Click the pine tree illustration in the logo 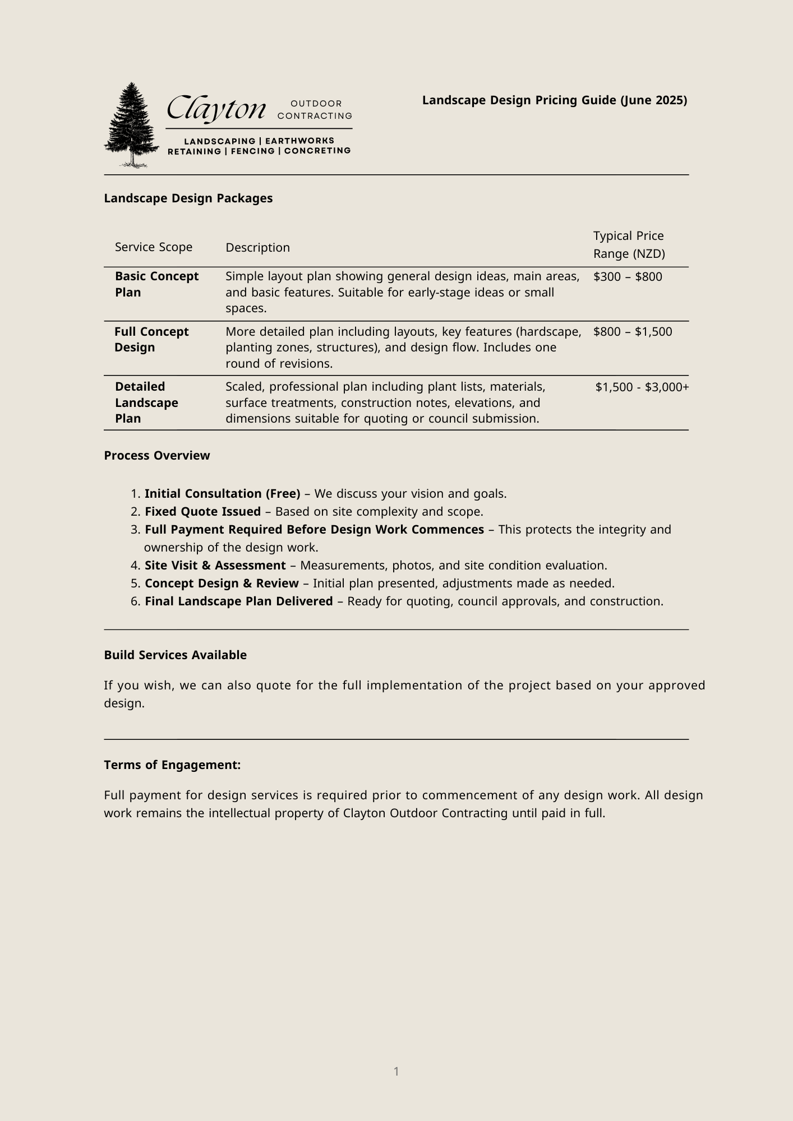[132, 124]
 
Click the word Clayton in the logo [216, 109]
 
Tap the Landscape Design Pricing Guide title [554, 100]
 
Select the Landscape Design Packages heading [188, 198]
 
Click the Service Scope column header [154, 247]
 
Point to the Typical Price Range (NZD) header [629, 245]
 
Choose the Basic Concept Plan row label [156, 284]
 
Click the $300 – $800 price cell [628, 277]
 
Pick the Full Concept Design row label [151, 340]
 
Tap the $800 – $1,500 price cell [633, 332]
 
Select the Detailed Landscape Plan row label [146, 402]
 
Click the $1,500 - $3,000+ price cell [642, 387]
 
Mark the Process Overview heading [157, 456]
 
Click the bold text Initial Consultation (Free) [223, 494]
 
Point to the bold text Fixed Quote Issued [202, 512]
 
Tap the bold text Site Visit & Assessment [215, 566]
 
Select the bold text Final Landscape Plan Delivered [239, 601]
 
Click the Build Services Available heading [175, 655]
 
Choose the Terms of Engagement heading [172, 765]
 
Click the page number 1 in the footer [396, 1072]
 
